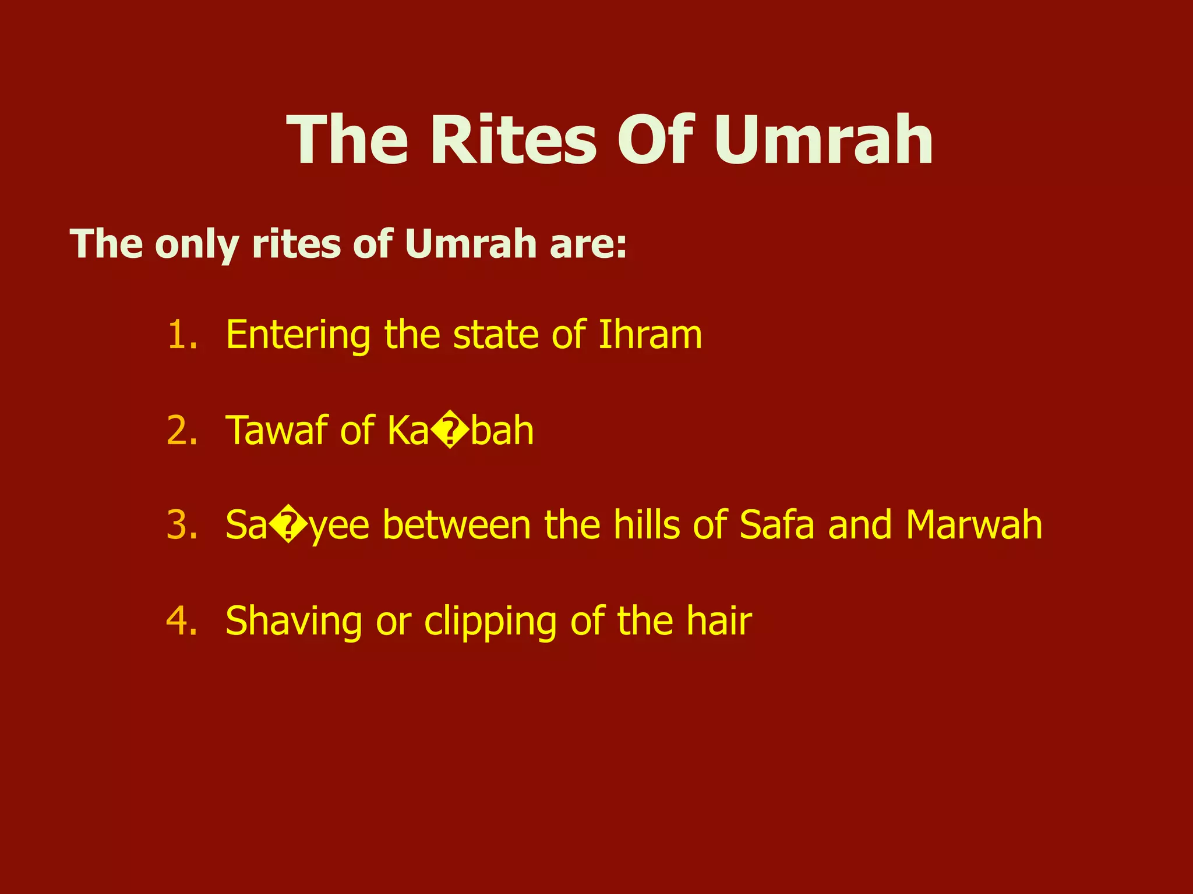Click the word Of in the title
pyautogui.click(x=656, y=141)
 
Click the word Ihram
pyautogui.click(x=650, y=335)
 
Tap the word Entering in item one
pyautogui.click(x=298, y=336)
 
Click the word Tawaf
pyautogui.click(x=276, y=431)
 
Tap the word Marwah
pyautogui.click(x=973, y=525)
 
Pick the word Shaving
pyautogui.click(x=294, y=622)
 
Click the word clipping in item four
pyautogui.click(x=490, y=622)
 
